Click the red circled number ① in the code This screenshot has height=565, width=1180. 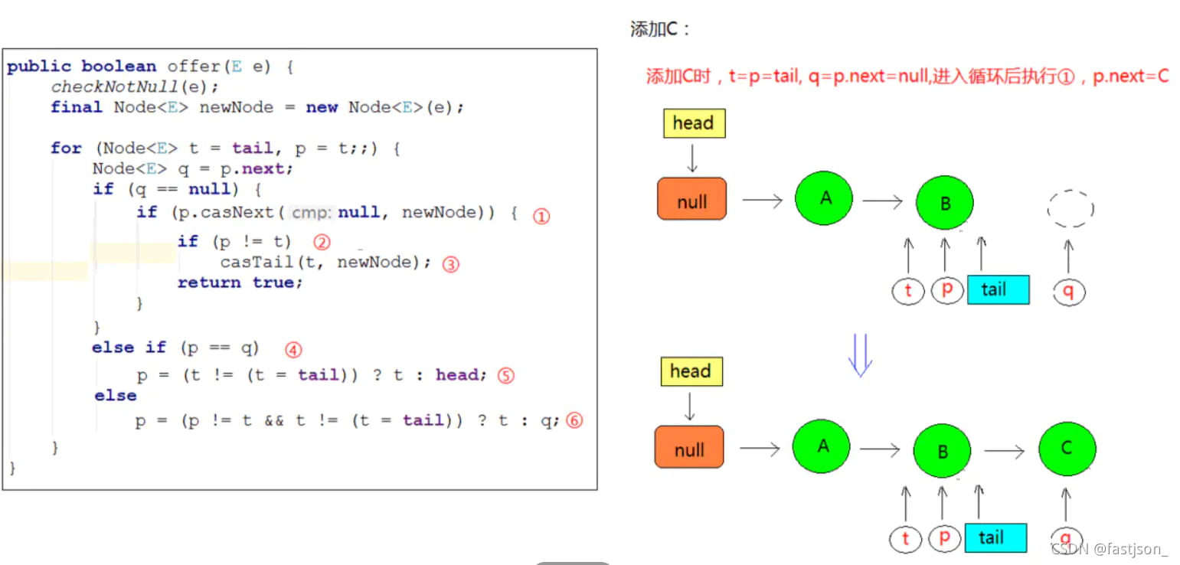click(x=541, y=216)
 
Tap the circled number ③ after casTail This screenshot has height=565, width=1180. click(x=451, y=265)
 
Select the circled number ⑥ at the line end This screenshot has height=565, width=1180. click(x=574, y=420)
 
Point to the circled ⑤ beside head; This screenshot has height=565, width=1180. click(x=505, y=376)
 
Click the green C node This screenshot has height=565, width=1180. click(x=1067, y=449)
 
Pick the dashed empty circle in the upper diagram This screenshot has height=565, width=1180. click(x=1070, y=208)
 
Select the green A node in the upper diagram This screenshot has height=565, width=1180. click(x=824, y=198)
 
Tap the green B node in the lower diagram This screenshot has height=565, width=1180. click(x=943, y=452)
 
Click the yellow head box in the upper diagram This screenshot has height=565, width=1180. click(x=694, y=123)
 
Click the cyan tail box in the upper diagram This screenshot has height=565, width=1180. click(x=998, y=289)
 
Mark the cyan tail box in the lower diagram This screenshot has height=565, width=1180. click(x=995, y=537)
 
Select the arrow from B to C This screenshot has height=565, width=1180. click(x=1004, y=452)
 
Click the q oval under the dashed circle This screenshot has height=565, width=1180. click(x=1069, y=290)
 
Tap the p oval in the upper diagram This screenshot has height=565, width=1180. click(x=946, y=290)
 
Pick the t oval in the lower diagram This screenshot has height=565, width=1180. click(x=907, y=538)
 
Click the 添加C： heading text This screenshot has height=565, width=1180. click(x=660, y=31)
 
